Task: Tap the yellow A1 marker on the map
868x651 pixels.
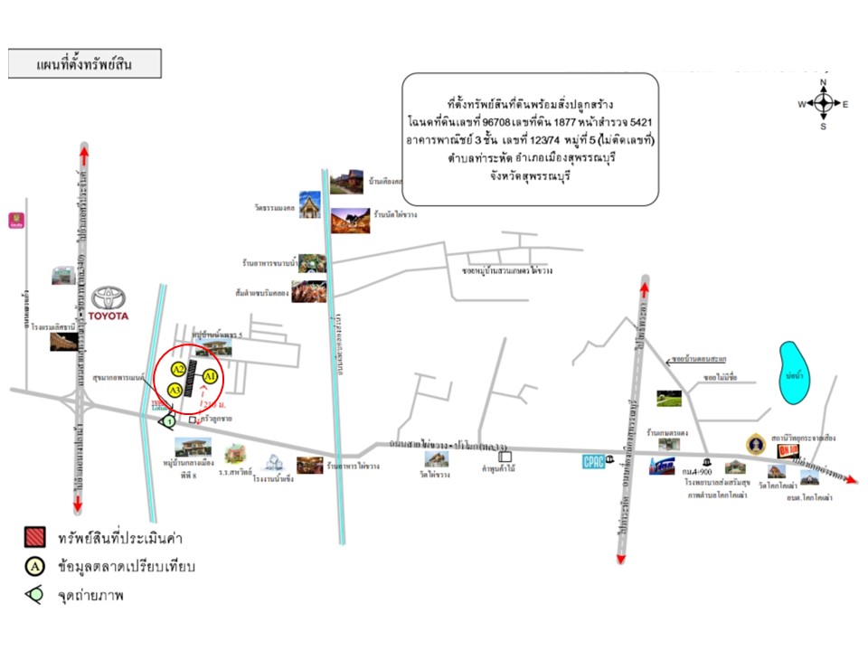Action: [210, 375]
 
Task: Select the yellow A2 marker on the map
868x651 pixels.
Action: [179, 369]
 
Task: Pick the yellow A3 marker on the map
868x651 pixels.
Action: [175, 390]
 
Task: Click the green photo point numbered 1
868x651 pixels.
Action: [168, 420]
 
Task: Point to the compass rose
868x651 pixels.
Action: [824, 104]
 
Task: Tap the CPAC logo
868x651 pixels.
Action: [593, 462]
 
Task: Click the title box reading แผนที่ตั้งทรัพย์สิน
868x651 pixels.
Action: [85, 65]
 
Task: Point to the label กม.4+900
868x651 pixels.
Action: [697, 473]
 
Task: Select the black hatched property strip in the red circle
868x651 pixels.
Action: [192, 379]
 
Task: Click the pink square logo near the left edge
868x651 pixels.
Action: [15, 219]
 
